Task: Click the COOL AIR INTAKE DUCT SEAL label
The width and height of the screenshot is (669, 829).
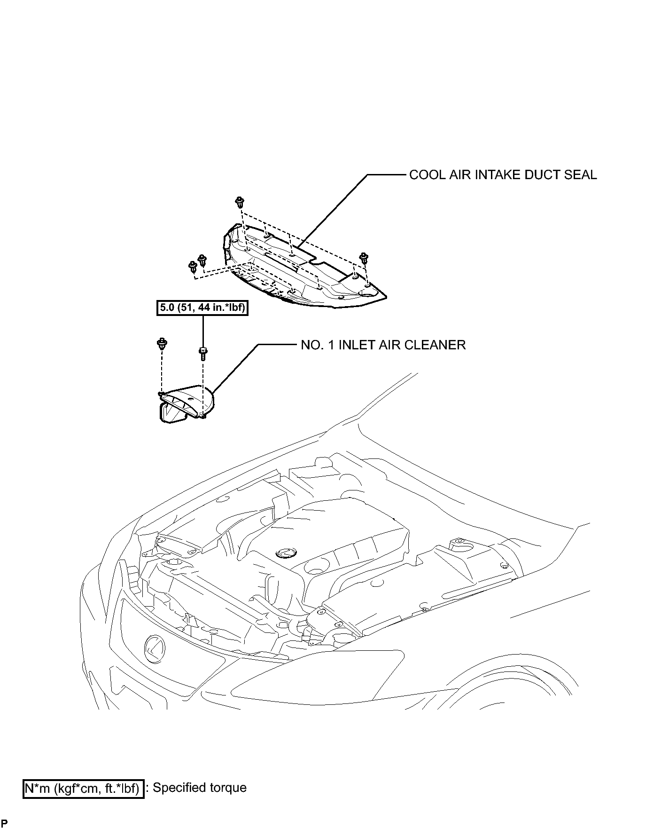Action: point(503,175)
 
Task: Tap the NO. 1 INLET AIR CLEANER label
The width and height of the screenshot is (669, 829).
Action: point(383,345)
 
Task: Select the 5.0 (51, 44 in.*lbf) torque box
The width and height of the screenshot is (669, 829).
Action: point(202,308)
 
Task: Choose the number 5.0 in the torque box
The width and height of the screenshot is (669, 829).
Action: point(166,308)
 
